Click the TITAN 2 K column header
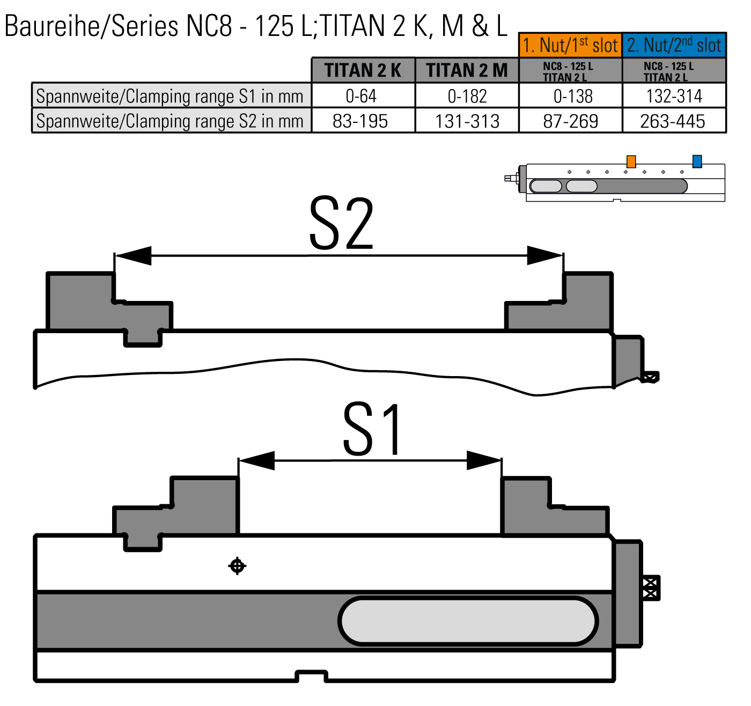tap(363, 70)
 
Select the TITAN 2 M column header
tap(467, 70)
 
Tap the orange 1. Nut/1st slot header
tap(570, 45)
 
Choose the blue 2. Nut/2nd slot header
tap(674, 45)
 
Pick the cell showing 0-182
tap(467, 95)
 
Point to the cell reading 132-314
tap(674, 95)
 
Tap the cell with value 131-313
tap(467, 121)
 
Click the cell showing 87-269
tap(570, 121)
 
